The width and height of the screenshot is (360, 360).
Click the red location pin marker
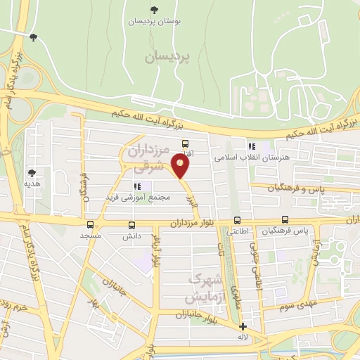coord(181,166)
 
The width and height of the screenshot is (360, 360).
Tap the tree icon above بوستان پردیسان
coord(154,9)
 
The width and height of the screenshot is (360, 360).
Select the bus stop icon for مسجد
coord(90,224)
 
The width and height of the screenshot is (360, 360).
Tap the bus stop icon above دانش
coord(132,225)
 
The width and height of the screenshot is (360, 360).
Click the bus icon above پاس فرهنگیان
coord(285,220)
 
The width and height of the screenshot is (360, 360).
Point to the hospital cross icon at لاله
coord(243,326)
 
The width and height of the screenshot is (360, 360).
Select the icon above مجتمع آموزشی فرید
coord(138,186)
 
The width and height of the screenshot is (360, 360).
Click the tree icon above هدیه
coord(32,172)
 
